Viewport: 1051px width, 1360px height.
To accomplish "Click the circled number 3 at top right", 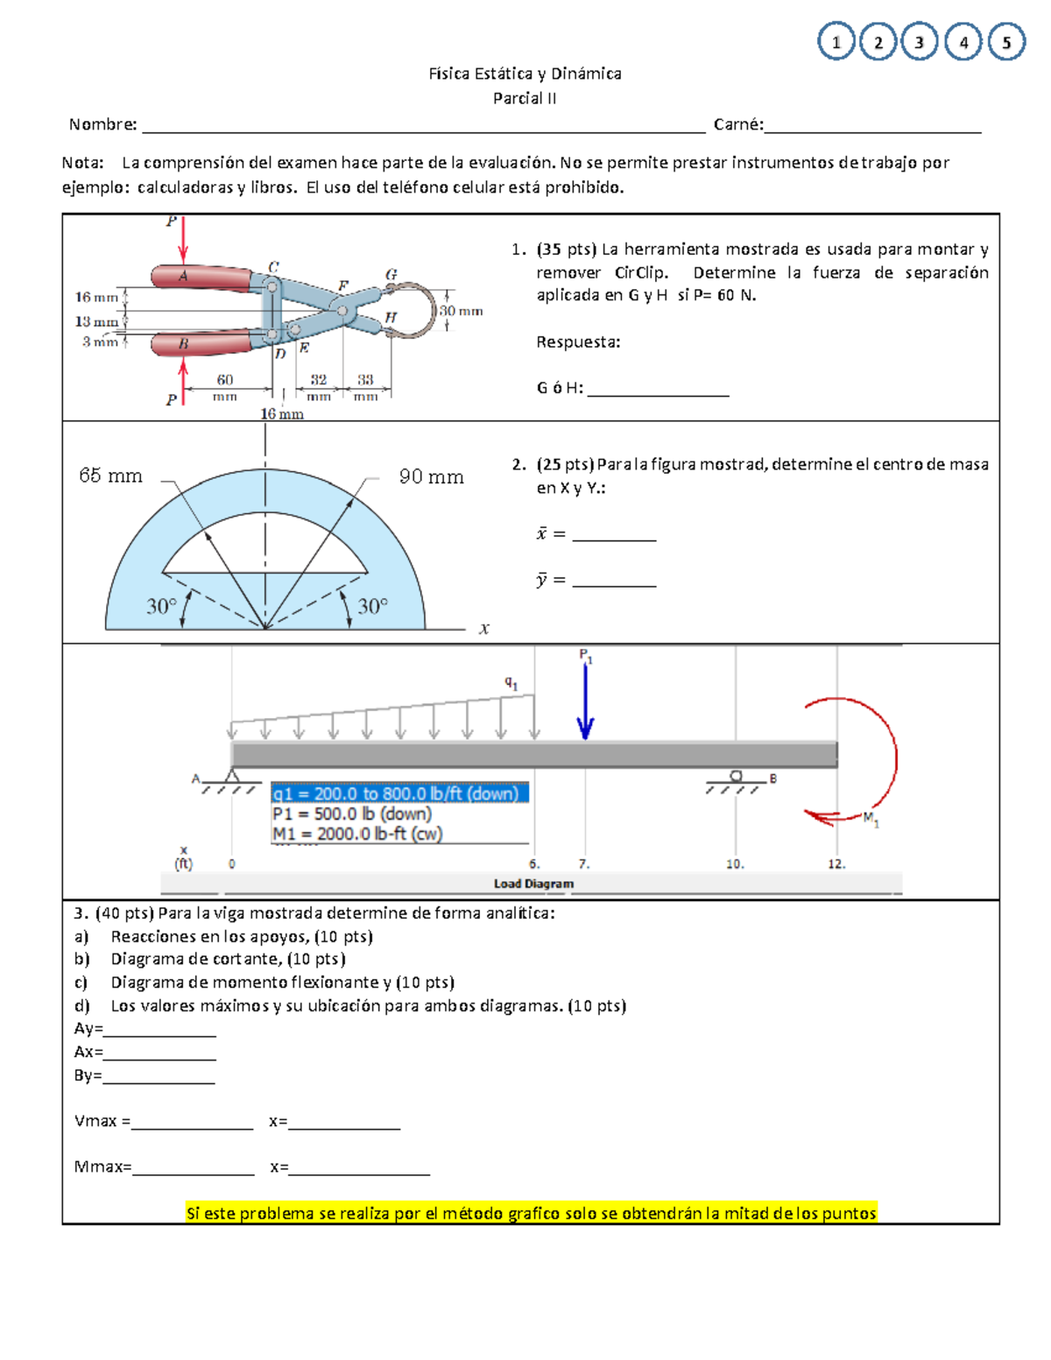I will coord(919,42).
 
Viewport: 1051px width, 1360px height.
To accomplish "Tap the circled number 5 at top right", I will coord(1006,42).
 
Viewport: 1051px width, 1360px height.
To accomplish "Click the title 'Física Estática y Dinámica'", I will coord(525,74).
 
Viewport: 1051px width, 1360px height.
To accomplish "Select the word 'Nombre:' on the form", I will coord(103,124).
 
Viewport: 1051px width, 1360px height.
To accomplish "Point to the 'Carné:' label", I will coord(737,124).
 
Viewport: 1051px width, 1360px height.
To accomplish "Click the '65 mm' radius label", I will coord(110,476).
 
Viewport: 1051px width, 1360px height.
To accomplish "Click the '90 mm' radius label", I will coord(431,476).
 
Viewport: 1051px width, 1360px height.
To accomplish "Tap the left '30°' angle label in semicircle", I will coord(161,606).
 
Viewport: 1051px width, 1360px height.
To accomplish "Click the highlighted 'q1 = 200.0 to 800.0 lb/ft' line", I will coord(399,793).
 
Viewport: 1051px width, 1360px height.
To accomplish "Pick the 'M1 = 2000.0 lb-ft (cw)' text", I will coord(357,834).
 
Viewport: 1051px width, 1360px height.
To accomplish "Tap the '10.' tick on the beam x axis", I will coord(735,863).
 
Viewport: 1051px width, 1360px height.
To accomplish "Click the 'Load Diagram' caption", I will coord(533,884).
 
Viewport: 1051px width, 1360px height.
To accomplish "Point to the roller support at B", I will coord(736,777).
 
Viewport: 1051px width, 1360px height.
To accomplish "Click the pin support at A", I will coord(232,777).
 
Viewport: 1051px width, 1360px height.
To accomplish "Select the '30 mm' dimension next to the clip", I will coord(461,311).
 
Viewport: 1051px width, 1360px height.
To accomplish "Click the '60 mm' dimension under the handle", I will coord(225,386).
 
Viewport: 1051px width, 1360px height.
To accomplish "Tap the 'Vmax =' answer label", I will coord(102,1121).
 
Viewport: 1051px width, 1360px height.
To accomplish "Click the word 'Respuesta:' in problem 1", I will coord(578,342).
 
